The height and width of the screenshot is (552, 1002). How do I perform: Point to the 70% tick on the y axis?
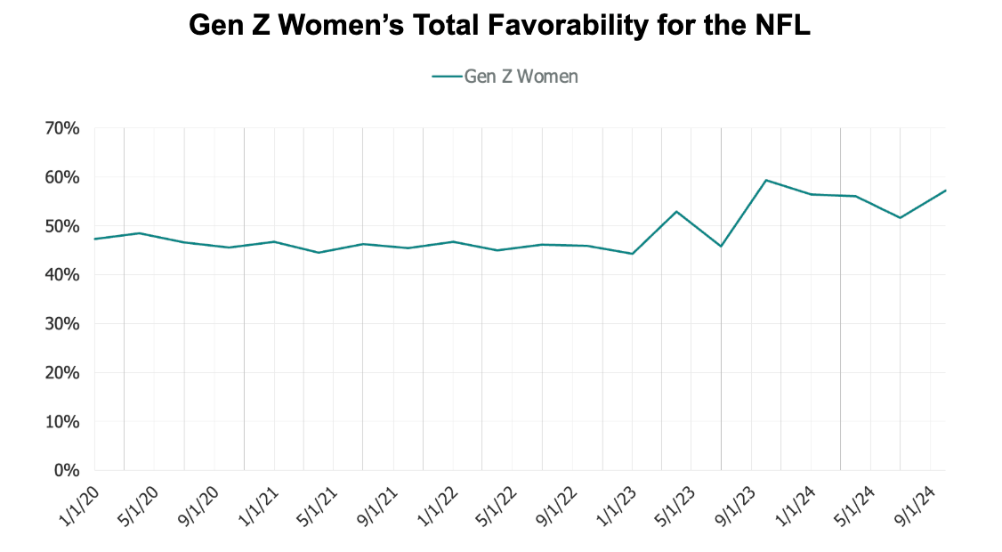click(x=61, y=128)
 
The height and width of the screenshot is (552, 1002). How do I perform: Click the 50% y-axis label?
click(x=61, y=226)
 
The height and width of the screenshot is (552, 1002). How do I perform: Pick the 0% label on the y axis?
click(x=67, y=470)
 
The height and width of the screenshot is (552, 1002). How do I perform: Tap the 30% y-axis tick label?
click(x=61, y=324)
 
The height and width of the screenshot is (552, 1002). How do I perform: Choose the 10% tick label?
click(x=61, y=421)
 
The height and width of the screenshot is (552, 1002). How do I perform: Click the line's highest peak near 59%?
click(x=766, y=180)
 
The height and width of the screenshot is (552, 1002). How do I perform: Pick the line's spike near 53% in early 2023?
click(x=676, y=211)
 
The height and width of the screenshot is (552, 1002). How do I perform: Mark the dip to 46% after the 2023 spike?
click(x=721, y=246)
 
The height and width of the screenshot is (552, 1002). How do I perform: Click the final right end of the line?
click(x=945, y=191)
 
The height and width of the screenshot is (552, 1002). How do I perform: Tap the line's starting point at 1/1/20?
click(x=94, y=239)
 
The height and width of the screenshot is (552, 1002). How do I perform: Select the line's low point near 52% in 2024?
click(x=901, y=217)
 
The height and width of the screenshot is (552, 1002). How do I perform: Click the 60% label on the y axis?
click(x=61, y=177)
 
